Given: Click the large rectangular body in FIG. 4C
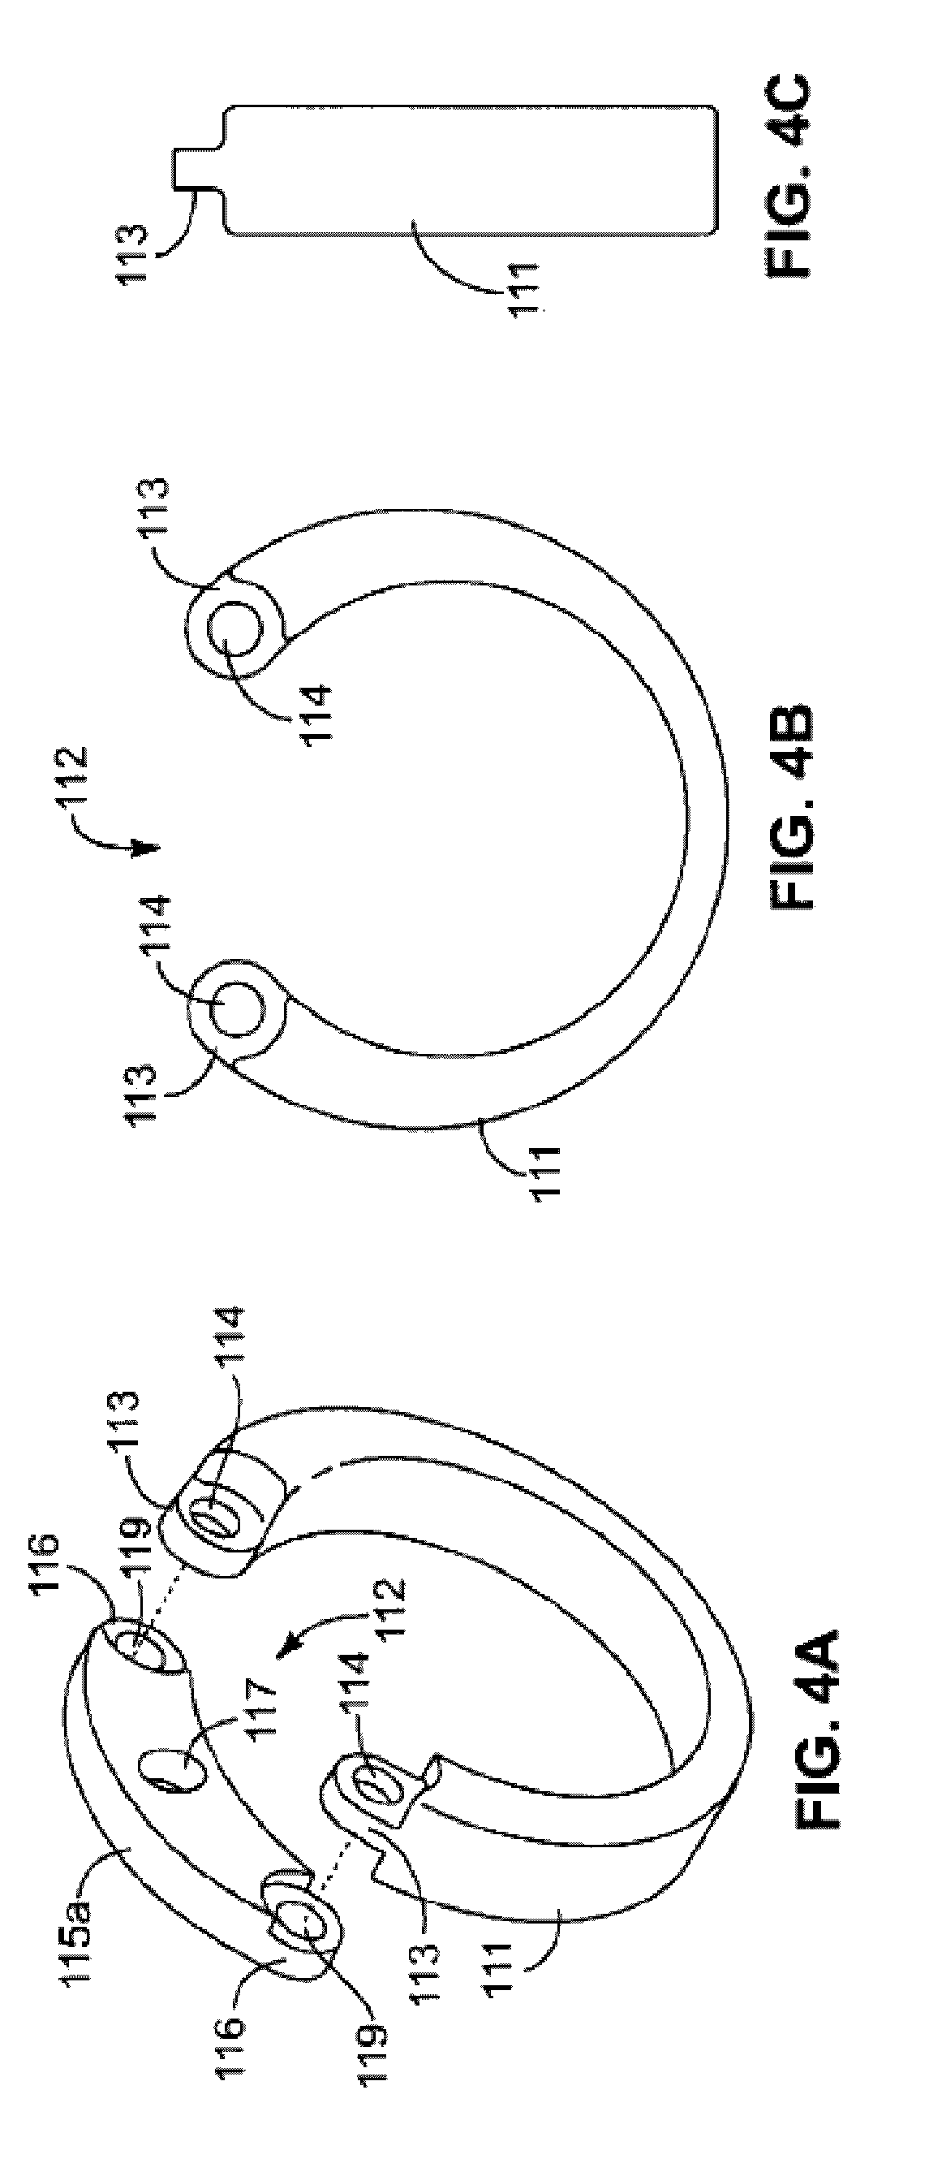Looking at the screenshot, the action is click(x=472, y=169).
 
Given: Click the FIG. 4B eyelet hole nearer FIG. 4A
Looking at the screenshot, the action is click(x=235, y=1008).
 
